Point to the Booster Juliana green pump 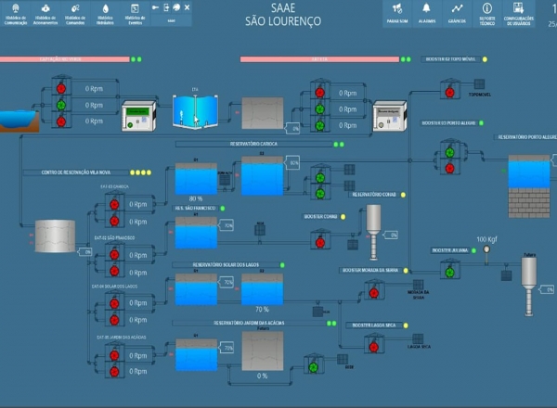point(450,273)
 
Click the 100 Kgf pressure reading point(487,240)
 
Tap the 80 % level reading point(196,199)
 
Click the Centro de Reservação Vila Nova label point(76,172)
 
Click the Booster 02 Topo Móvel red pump point(448,88)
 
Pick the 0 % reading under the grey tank point(263,376)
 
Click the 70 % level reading point(263,309)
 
